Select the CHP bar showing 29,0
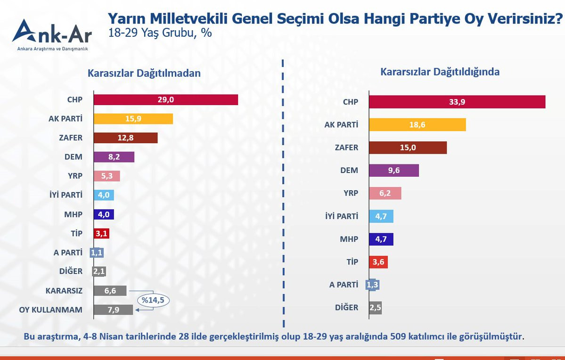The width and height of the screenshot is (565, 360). pos(165,99)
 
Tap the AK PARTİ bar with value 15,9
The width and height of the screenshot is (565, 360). pos(133,119)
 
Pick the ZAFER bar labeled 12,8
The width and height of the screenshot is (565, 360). pos(125,138)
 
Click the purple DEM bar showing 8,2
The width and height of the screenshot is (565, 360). pos(114,157)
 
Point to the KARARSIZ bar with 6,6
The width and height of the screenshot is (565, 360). pos(110,291)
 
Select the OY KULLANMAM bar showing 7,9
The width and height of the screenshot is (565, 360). pos(113,310)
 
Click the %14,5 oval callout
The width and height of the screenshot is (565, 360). pos(153,300)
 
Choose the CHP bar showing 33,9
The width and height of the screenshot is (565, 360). pos(457,102)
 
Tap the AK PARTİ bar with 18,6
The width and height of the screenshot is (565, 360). pos(417,125)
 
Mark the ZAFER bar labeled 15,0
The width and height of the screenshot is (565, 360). pos(408,147)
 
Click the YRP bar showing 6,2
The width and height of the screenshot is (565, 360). pos(385,193)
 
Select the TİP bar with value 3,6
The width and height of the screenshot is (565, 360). pos(378,262)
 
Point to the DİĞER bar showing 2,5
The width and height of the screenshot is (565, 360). pos(376,308)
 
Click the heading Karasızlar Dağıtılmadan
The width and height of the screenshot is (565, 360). pos(144,73)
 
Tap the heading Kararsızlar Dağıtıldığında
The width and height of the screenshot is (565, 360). pos(440,72)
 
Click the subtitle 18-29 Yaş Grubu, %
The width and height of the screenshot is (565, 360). pos(160,33)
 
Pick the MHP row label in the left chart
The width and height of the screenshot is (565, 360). pos(73,214)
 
